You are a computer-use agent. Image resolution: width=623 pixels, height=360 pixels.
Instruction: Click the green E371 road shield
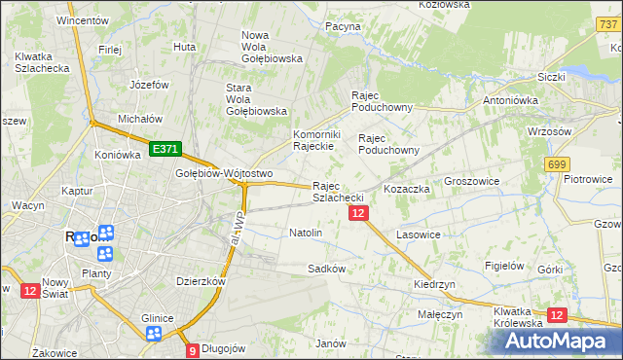[165, 148]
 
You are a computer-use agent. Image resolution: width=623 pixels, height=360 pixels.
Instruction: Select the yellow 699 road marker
[557, 165]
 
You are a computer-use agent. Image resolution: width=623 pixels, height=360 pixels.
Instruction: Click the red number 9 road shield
[193, 350]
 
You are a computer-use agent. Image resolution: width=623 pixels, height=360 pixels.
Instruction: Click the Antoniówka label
[512, 100]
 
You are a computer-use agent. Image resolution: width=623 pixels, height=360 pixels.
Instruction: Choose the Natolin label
[306, 234]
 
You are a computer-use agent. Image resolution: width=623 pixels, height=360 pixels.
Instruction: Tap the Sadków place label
[326, 268]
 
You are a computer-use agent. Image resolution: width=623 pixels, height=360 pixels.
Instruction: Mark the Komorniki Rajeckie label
[314, 140]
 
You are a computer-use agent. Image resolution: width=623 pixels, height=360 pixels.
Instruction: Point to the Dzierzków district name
[202, 281]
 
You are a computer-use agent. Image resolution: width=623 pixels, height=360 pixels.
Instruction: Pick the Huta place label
[184, 46]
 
